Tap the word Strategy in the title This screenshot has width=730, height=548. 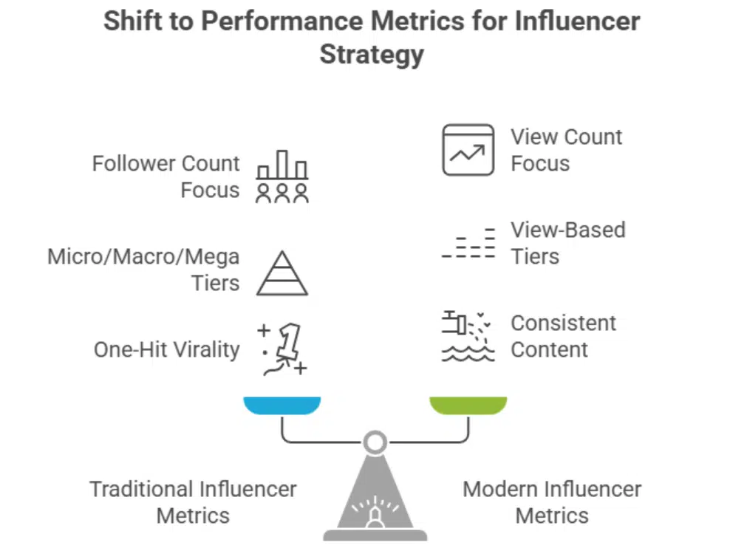point(372,55)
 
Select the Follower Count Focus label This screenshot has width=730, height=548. point(166,177)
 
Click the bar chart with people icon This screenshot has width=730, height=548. point(282,177)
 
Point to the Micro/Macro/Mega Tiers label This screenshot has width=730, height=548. point(143,270)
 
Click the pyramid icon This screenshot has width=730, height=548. point(282,273)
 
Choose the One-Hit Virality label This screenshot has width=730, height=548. point(167,350)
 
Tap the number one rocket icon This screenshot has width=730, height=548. point(282,349)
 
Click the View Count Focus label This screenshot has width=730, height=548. point(566,150)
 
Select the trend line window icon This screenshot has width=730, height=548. point(468,150)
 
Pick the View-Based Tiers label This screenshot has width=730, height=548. point(568,243)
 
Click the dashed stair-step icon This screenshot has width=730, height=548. point(468,243)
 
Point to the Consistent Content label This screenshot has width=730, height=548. point(563,336)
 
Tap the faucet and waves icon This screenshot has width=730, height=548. point(468,336)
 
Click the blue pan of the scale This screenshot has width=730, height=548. point(282,405)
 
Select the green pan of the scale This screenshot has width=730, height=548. point(468,405)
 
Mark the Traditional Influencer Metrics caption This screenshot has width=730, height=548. point(193,502)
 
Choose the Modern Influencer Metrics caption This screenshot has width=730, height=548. point(552,502)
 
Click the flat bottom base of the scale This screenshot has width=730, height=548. point(375,535)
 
